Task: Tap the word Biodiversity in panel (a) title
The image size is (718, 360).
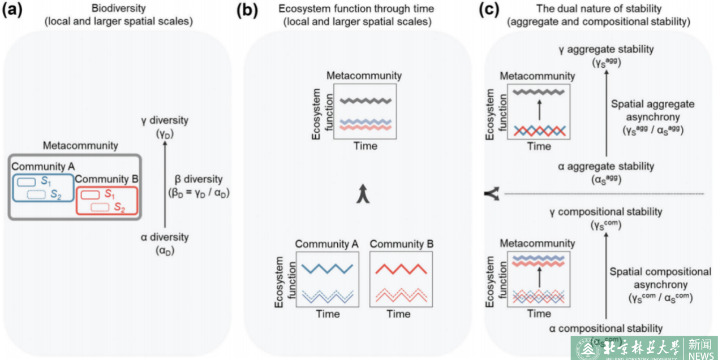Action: click(x=119, y=10)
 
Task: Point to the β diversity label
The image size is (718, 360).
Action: click(x=199, y=180)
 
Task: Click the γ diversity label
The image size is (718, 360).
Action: click(x=165, y=120)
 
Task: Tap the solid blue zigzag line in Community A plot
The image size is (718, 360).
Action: click(x=328, y=268)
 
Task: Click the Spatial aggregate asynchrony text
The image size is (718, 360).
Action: click(x=652, y=110)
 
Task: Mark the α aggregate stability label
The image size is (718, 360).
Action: click(x=605, y=167)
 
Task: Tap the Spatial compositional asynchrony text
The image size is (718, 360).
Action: click(x=660, y=278)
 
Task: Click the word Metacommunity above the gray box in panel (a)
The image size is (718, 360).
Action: click(x=80, y=146)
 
